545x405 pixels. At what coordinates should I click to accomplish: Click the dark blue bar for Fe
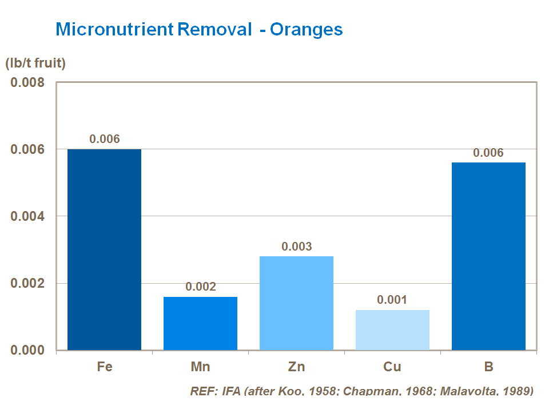click(x=104, y=249)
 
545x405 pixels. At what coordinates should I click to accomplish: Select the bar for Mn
click(x=200, y=323)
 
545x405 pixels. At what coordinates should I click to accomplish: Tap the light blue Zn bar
click(x=296, y=303)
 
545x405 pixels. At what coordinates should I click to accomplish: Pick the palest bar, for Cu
click(x=392, y=330)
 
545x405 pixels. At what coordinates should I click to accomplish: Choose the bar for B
click(x=488, y=256)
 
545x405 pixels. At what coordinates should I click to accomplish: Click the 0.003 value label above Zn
click(x=296, y=247)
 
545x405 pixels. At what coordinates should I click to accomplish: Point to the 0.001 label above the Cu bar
click(x=392, y=300)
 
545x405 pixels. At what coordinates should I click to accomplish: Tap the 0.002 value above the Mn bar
click(x=200, y=287)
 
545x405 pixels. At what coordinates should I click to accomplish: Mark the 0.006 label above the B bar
click(x=488, y=153)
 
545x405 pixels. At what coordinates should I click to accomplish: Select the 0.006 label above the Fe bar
click(x=104, y=139)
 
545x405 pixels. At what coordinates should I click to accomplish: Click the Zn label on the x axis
click(x=296, y=367)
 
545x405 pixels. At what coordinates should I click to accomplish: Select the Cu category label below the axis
click(x=392, y=367)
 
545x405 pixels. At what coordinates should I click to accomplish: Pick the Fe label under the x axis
click(x=104, y=367)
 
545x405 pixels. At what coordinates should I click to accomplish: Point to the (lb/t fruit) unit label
click(x=35, y=63)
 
